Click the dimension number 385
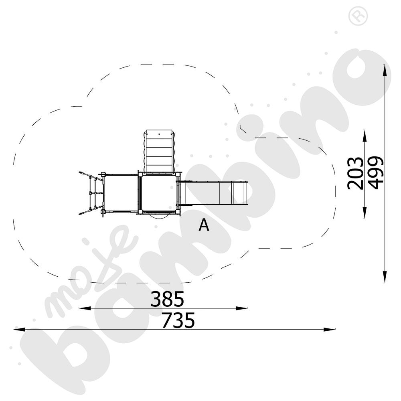tap(167, 299)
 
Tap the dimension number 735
tap(178, 320)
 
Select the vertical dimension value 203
tap(355, 173)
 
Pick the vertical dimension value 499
tap(375, 172)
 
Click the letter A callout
tap(204, 225)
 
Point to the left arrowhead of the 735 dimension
tap(19, 329)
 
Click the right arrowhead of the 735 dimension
tap(329, 329)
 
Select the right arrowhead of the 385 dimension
tap(242, 308)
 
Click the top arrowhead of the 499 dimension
tap(385, 70)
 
